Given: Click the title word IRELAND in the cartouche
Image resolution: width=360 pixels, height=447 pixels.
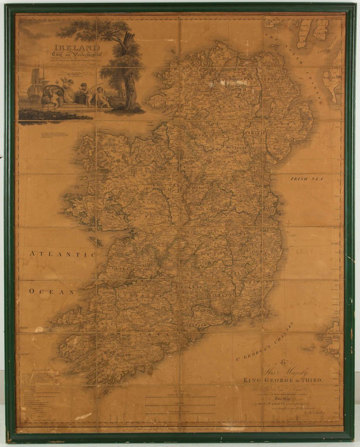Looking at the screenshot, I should (77, 47).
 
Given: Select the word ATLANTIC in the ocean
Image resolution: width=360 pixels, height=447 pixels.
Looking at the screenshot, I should (62, 254).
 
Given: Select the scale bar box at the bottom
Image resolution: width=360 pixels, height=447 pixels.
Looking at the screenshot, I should (180, 406).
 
